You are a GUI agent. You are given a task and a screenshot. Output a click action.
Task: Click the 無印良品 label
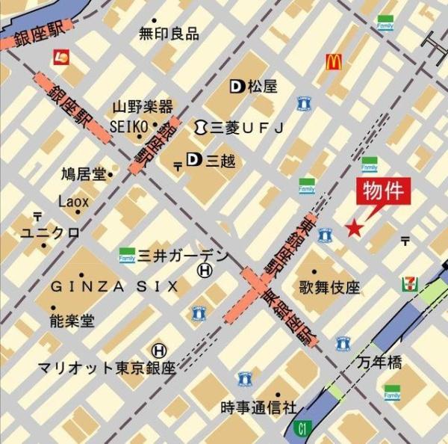click(169, 34)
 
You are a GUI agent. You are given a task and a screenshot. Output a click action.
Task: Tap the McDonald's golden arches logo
click(333, 61)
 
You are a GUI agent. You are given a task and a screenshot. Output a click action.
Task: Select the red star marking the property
click(353, 228)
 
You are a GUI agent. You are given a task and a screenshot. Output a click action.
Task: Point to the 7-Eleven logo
click(410, 285)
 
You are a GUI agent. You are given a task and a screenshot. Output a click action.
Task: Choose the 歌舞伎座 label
click(329, 287)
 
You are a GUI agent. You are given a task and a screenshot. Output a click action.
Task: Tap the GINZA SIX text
click(114, 286)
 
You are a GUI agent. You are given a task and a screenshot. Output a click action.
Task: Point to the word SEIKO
click(130, 126)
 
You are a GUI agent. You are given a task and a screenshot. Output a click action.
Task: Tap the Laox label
click(73, 201)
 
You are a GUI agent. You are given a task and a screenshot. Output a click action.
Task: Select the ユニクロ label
click(50, 233)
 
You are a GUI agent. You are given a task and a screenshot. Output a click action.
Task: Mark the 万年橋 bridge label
click(379, 363)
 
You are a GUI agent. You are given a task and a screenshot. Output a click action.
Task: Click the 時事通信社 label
click(258, 408)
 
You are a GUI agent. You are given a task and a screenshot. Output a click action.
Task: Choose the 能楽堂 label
click(72, 321)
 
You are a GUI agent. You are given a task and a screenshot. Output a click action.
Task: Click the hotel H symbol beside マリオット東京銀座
click(159, 350)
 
